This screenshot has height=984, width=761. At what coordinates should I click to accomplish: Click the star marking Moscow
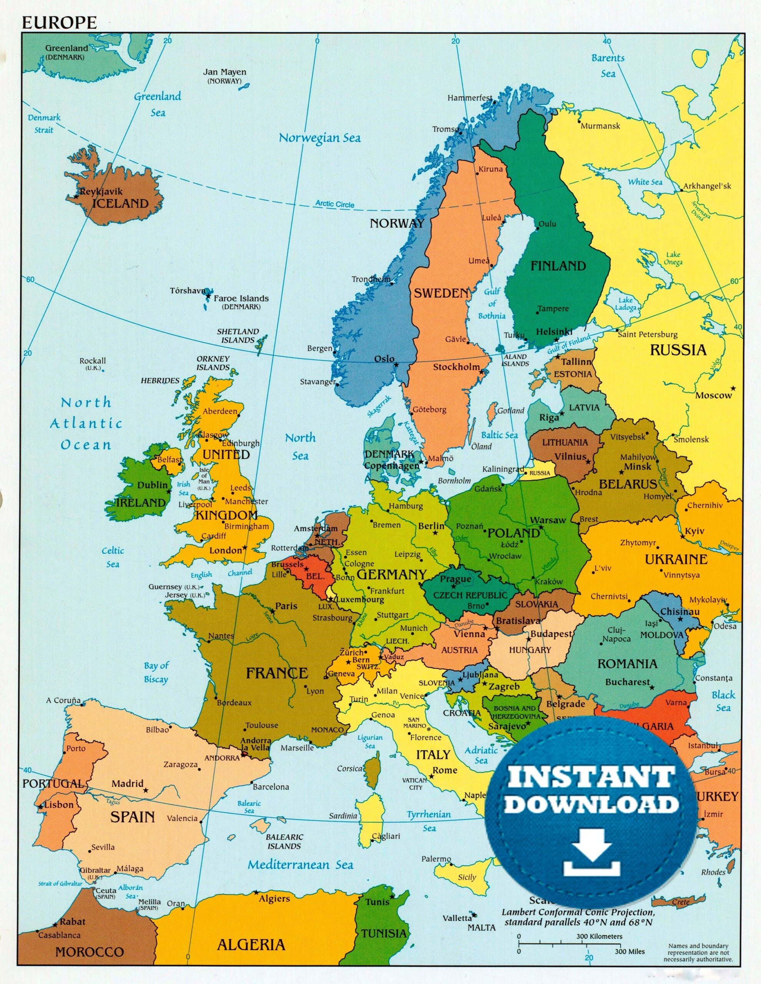(x=733, y=388)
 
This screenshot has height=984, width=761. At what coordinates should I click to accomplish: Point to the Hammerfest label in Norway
(x=470, y=98)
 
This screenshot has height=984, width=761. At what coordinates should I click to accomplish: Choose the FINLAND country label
(x=558, y=266)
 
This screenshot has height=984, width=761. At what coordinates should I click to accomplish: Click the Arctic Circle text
(x=334, y=204)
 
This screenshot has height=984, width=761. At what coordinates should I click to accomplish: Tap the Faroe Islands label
(x=241, y=298)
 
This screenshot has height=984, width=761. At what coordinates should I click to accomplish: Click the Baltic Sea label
(x=499, y=435)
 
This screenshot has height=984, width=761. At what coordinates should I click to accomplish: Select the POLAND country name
(x=513, y=534)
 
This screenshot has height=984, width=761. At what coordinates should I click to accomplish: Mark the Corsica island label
(x=349, y=769)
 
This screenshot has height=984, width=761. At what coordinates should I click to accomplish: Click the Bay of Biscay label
(x=156, y=672)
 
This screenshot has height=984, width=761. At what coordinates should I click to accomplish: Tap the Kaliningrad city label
(x=503, y=469)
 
